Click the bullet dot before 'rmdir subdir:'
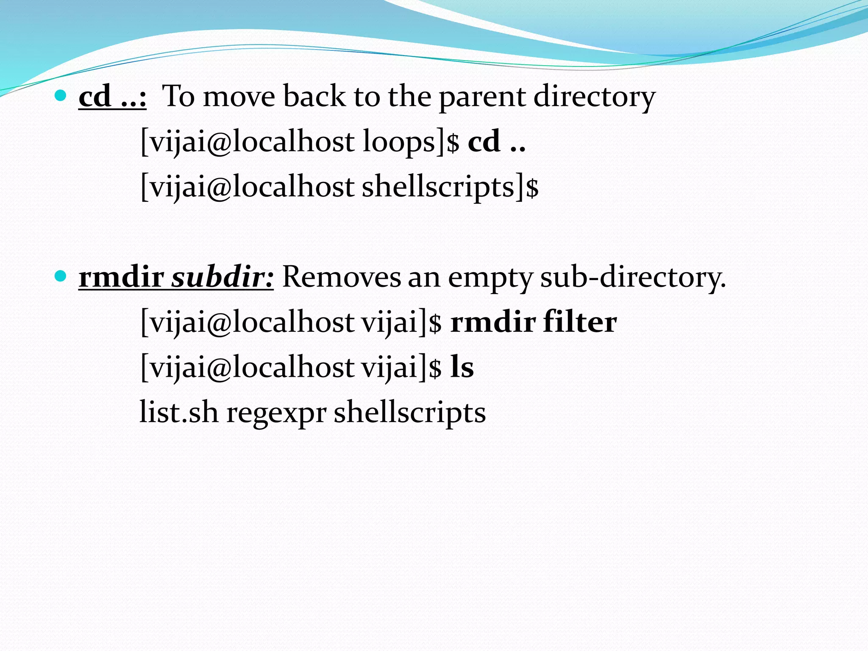point(61,277)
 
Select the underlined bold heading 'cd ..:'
point(112,97)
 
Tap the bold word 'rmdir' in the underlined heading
point(122,278)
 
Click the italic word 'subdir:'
point(223,278)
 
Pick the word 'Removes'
point(342,278)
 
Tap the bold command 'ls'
point(462,367)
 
